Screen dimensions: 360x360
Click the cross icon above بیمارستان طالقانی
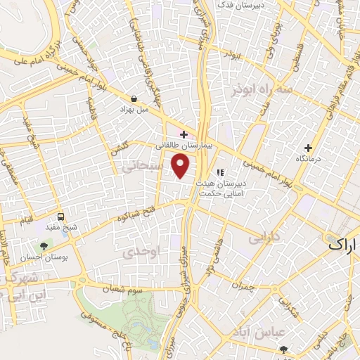coord(184,134)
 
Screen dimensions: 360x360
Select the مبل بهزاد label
coord(134,110)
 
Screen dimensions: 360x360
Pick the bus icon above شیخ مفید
coord(61,217)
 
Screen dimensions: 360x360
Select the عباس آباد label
coord(281,330)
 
